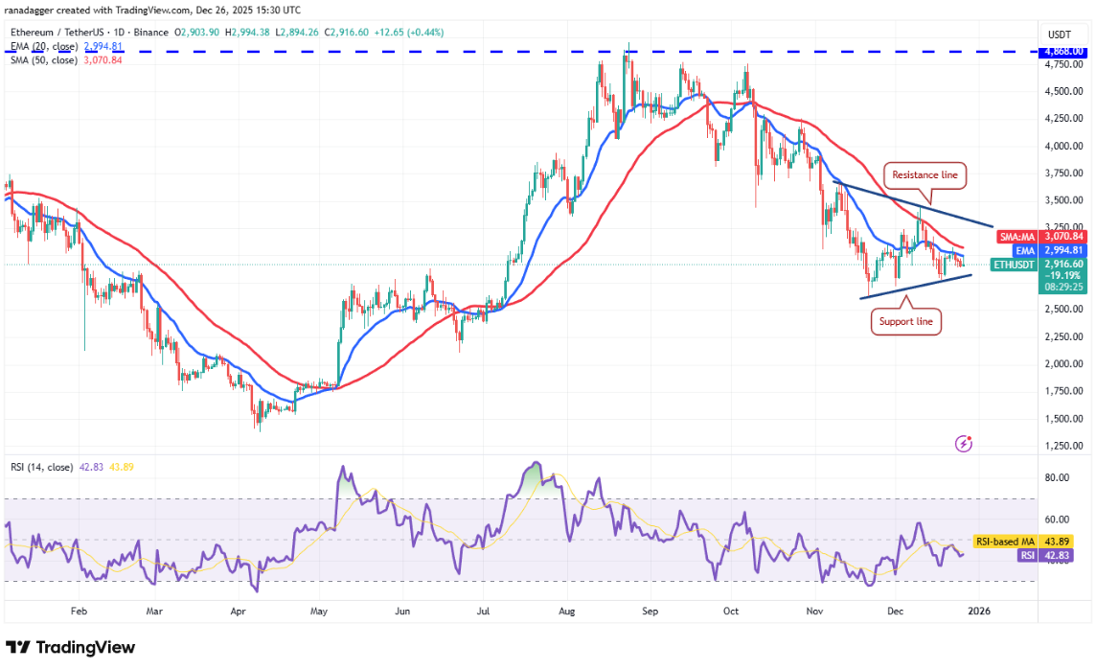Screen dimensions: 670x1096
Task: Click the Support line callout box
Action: coord(905,321)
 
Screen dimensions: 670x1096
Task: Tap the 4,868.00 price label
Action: coord(1063,51)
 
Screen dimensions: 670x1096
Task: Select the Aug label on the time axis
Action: coord(567,610)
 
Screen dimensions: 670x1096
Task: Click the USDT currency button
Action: coord(1060,34)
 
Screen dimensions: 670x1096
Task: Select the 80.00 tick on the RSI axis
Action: coord(1057,477)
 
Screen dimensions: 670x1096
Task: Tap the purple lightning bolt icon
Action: coord(964,444)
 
